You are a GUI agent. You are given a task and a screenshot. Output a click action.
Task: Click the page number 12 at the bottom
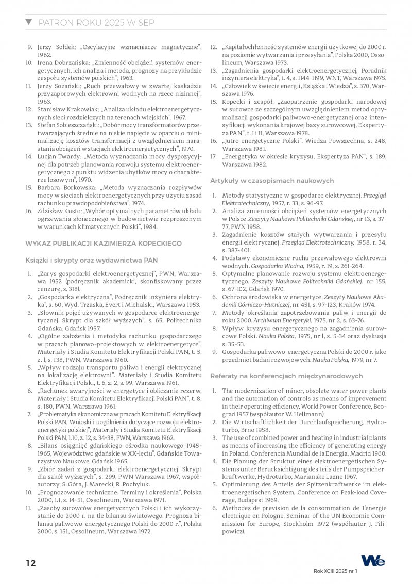click(x=31, y=563)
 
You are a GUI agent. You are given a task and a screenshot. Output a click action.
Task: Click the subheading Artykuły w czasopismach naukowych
click(x=272, y=180)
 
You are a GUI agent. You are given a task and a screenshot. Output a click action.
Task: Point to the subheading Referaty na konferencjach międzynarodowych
click(x=286, y=376)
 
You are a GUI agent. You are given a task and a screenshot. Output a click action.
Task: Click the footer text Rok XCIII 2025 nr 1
click(x=335, y=572)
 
